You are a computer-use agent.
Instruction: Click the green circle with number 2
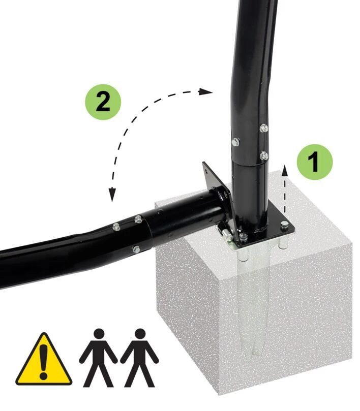coord(103,102)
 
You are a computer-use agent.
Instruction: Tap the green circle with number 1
coord(315,162)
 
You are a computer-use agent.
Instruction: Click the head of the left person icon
coord(99,335)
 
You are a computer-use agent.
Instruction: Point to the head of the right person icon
coord(140,335)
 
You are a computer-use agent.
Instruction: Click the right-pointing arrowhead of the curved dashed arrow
coord(205,91)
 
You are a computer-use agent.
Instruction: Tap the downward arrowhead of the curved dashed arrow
coord(112,195)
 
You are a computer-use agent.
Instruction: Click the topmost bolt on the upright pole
coord(264,128)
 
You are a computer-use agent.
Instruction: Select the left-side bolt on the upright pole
coord(235,142)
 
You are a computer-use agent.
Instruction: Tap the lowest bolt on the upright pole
coord(264,155)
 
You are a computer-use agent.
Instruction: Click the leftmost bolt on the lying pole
coord(116,227)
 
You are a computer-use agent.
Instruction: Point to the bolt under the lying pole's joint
coord(136,249)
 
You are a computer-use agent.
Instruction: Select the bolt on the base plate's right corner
coord(284,225)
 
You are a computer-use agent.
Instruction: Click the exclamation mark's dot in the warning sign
coord(44,376)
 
